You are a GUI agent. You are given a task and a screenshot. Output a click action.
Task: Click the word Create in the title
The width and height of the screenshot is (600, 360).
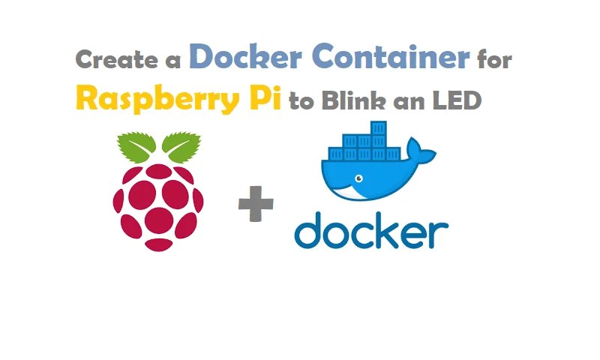point(117,60)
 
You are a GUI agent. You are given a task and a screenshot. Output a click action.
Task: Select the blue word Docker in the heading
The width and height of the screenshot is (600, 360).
point(246,56)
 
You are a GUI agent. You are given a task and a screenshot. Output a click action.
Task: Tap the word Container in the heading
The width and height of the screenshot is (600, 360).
point(393,56)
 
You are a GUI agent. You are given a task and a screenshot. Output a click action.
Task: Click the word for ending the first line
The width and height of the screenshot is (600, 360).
point(494,60)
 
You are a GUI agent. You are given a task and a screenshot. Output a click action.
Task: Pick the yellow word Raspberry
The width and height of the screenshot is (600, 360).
point(157,99)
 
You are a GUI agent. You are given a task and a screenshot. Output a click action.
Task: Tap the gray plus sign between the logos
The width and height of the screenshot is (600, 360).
point(256,204)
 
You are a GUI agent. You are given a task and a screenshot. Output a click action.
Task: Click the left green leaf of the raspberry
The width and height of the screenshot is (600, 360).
point(136,146)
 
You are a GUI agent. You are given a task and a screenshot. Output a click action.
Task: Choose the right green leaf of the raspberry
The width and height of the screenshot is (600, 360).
point(181,146)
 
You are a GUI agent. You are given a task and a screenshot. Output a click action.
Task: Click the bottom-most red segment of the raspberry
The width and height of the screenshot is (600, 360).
point(159,244)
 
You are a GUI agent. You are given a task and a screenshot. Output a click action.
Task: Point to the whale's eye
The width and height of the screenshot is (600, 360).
point(359,178)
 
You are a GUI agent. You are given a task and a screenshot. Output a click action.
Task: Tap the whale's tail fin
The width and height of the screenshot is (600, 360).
point(421,150)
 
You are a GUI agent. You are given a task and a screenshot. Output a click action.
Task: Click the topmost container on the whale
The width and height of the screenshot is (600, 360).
point(378,127)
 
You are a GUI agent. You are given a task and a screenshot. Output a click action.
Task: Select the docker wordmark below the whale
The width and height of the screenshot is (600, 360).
point(371,229)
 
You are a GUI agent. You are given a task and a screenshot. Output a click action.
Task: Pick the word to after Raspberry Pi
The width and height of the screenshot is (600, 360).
point(301,101)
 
